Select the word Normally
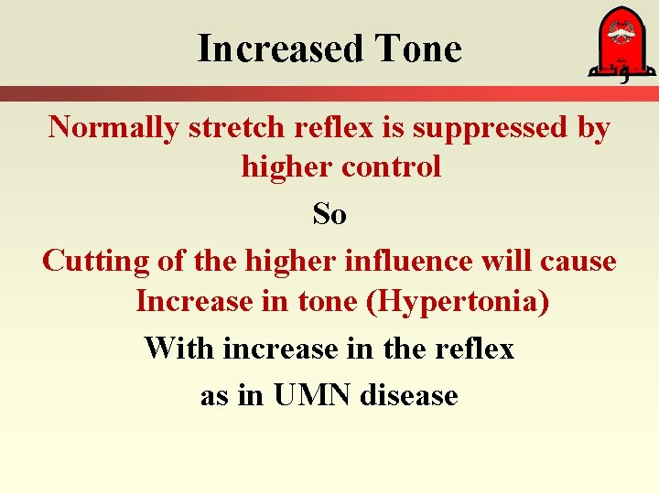point(113,128)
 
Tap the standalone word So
point(329,214)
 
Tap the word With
point(180,348)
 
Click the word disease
point(409,395)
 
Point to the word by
point(593,129)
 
